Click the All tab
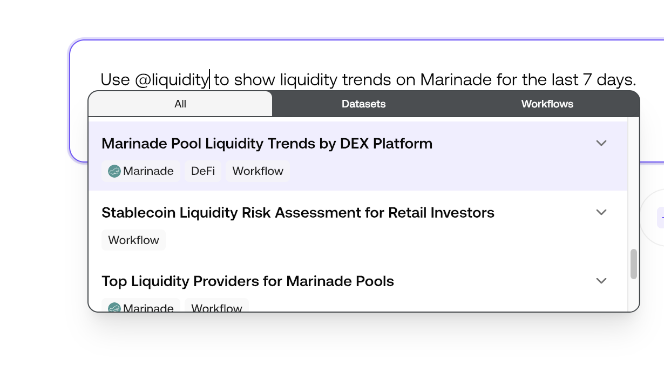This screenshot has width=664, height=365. (180, 104)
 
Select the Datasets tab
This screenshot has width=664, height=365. (363, 104)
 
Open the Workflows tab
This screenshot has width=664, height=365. (547, 104)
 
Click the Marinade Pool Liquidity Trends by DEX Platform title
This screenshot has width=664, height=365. (267, 144)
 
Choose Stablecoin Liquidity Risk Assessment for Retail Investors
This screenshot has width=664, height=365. (297, 213)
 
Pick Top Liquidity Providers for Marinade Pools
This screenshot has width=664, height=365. (247, 281)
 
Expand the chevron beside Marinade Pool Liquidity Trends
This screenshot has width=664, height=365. (601, 143)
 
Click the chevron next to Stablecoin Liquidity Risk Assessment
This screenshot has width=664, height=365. (601, 212)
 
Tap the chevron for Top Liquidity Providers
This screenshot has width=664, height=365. (601, 281)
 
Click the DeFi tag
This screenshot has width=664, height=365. (203, 171)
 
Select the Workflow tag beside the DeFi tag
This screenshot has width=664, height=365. (258, 171)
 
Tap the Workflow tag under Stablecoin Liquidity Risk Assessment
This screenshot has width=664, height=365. (133, 240)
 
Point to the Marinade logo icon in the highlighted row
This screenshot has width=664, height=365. (114, 171)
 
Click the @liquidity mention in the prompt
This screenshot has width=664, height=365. (171, 80)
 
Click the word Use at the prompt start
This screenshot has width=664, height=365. (115, 80)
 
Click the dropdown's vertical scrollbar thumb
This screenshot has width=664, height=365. (634, 264)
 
